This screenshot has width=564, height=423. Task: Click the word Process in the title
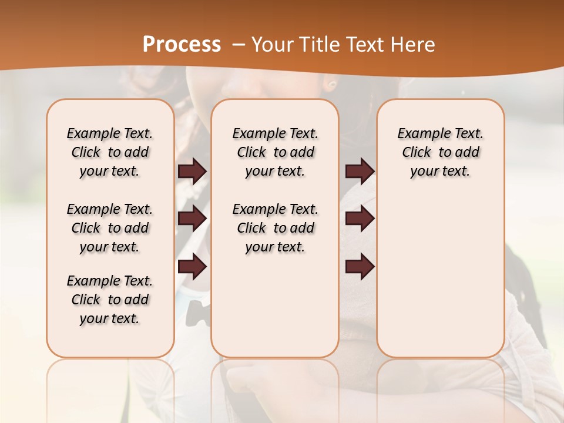pos(182,44)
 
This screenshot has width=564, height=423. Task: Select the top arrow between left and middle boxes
pos(192,172)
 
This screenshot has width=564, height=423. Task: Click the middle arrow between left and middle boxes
pos(192,219)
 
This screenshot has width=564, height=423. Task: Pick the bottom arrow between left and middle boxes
pos(192,266)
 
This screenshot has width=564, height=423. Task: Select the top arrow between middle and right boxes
pos(360,171)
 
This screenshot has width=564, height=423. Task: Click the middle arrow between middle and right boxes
pos(360,219)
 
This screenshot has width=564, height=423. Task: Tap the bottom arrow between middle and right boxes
pos(360,266)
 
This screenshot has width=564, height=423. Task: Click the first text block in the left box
pos(109,152)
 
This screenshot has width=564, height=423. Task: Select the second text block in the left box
pos(109,228)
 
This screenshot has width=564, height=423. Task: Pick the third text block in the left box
pos(109,300)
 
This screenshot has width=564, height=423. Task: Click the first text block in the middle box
pos(275,152)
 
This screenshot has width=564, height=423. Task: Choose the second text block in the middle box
pos(275,228)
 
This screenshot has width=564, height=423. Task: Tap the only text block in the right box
pos(440,152)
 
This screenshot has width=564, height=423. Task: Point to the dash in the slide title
pos(239,45)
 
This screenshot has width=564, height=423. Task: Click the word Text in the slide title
pos(363,45)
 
